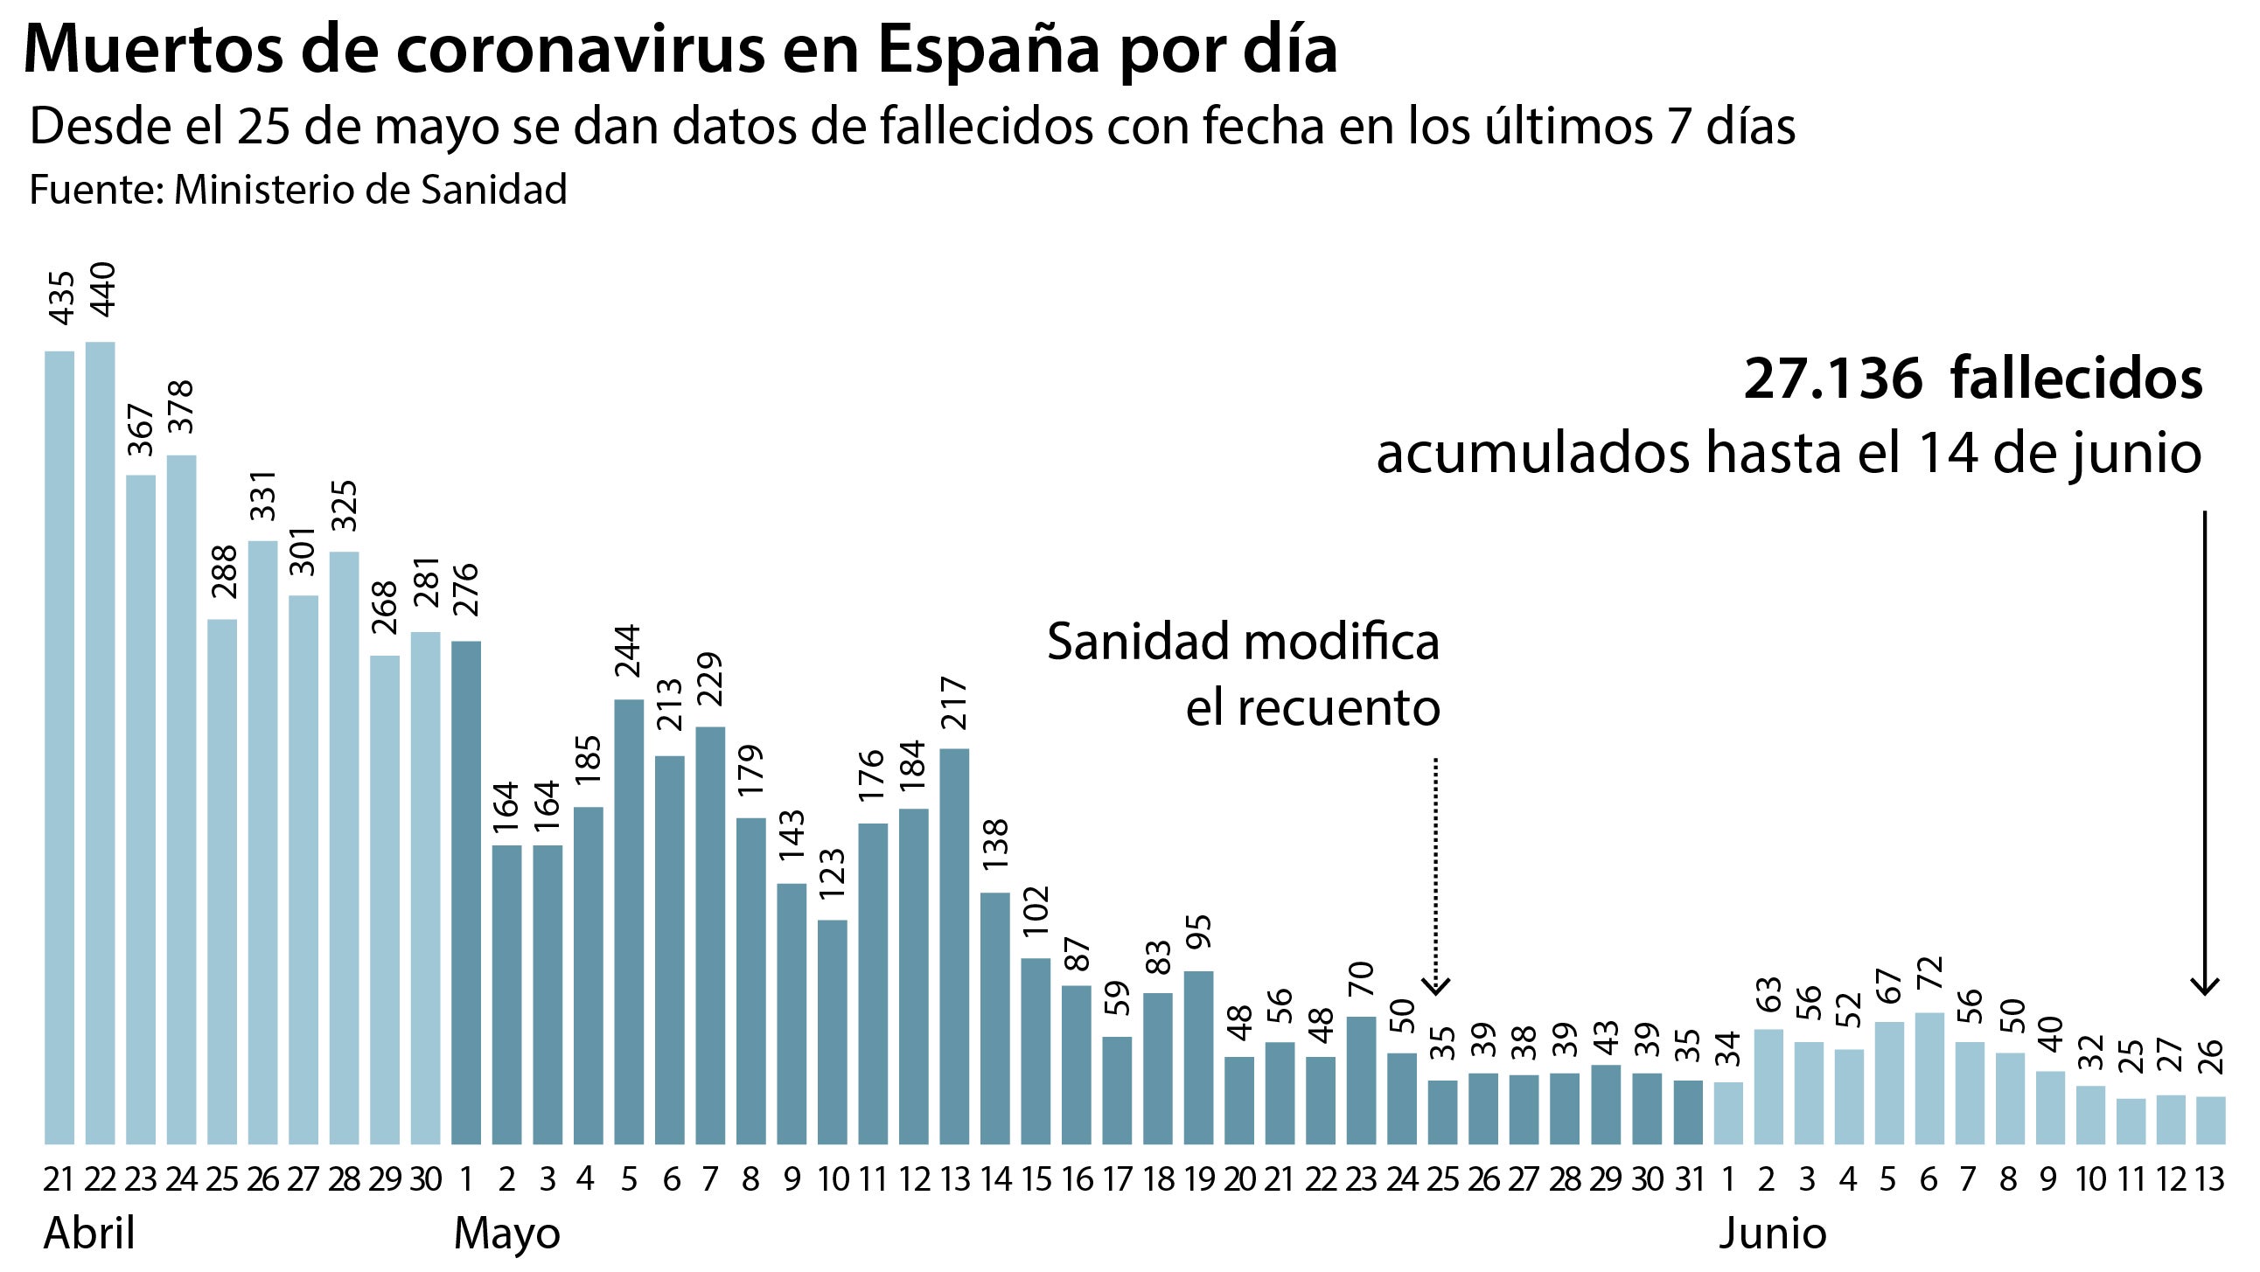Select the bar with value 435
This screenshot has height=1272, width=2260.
59,747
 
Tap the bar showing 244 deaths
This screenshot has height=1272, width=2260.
629,921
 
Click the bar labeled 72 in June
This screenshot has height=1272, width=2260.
1930,1078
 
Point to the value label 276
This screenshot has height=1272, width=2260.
466,590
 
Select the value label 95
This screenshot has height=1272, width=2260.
1198,939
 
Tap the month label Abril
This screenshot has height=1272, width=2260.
89,1234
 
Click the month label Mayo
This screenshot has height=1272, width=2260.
507,1234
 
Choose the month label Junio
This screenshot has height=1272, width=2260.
1772,1234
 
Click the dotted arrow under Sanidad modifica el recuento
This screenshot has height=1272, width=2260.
1435,877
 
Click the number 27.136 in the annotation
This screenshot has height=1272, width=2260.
1832,379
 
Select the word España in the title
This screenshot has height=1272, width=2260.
987,50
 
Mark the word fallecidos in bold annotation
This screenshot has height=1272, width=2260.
2075,379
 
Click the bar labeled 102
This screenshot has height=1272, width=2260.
1036,1051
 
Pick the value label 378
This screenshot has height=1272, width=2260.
181,407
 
